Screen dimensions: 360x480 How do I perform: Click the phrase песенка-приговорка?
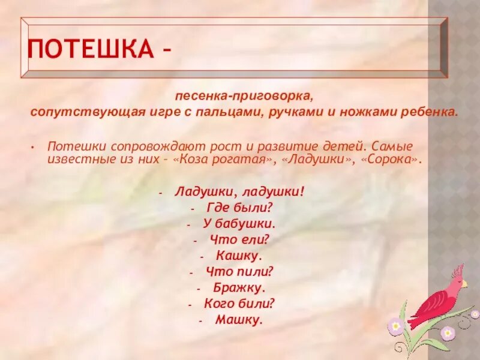[244, 96]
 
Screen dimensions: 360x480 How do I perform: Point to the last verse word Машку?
[240, 320]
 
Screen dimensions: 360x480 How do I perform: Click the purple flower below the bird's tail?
[395, 326]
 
